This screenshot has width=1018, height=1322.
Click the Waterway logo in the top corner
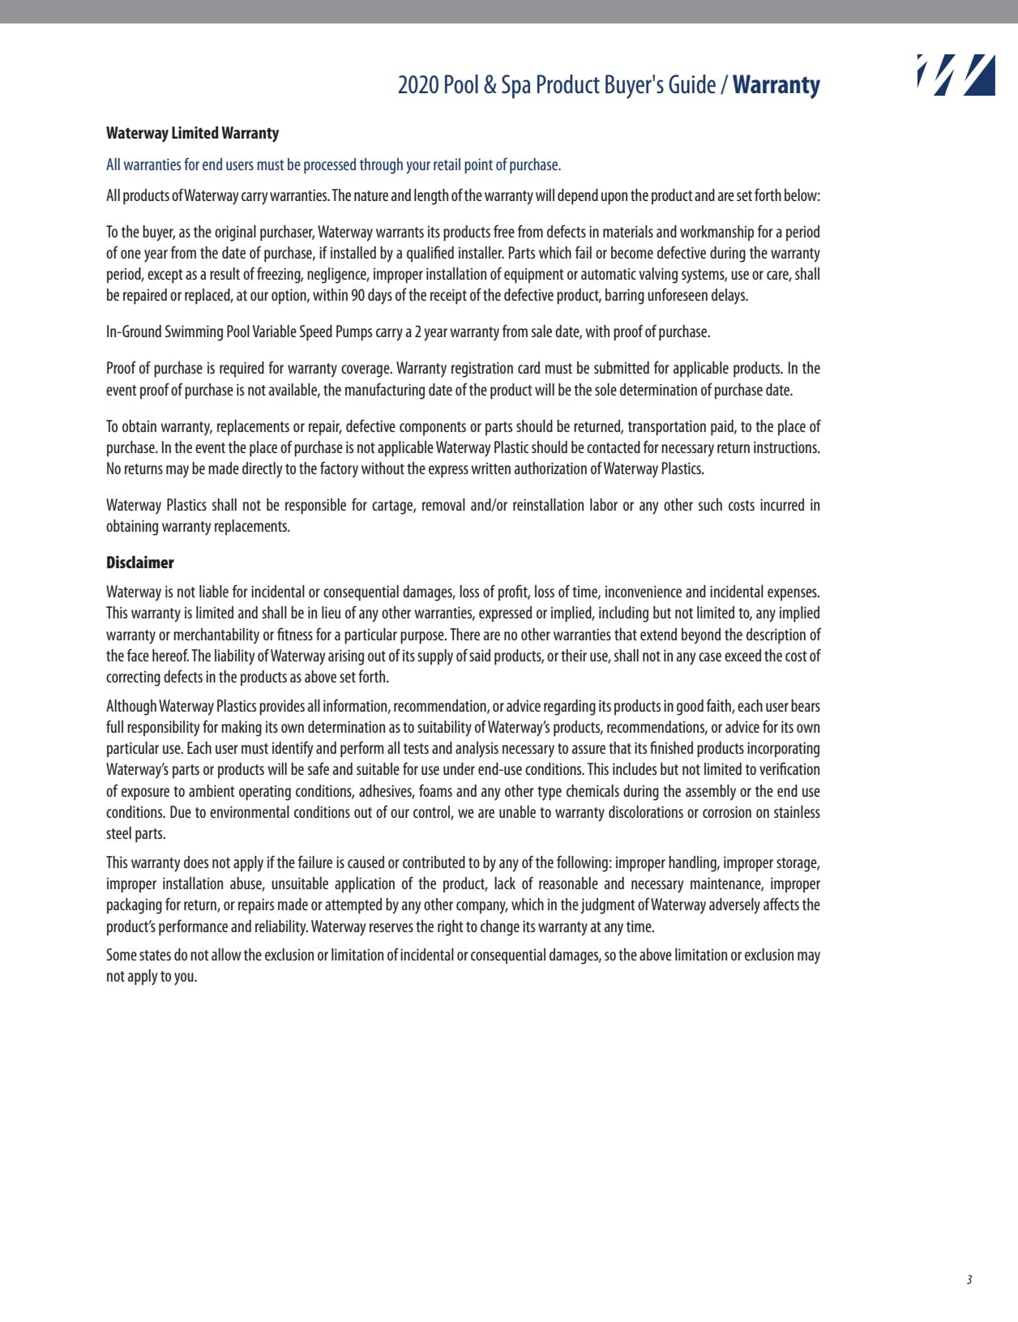[x=956, y=75]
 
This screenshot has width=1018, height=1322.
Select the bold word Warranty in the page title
[x=776, y=85]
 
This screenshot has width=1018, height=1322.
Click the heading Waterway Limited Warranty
[x=192, y=134]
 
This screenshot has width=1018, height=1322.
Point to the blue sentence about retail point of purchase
[x=333, y=165]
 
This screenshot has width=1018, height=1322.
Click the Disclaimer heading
[x=139, y=563]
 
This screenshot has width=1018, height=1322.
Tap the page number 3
[x=969, y=1280]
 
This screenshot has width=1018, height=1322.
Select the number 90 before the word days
[x=357, y=296]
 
